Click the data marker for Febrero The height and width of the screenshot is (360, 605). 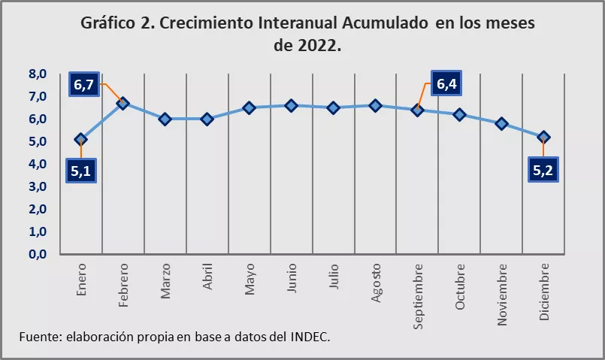click(x=123, y=103)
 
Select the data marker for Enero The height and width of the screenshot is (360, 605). click(x=81, y=139)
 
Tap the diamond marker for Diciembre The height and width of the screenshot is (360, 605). click(x=543, y=137)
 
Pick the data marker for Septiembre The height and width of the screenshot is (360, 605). click(x=418, y=110)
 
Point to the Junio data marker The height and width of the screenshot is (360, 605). click(x=292, y=105)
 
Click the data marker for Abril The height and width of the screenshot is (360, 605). click(x=207, y=119)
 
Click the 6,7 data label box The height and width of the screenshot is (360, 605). click(x=83, y=85)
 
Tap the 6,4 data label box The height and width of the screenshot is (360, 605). click(x=446, y=84)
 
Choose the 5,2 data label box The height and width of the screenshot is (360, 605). click(x=543, y=171)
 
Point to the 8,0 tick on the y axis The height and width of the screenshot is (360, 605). click(x=38, y=74)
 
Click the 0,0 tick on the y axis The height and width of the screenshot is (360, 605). click(x=38, y=254)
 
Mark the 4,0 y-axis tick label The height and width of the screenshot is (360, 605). click(x=38, y=164)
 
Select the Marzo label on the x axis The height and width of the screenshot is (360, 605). click(x=165, y=281)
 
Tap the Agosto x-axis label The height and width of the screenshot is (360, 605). click(x=376, y=283)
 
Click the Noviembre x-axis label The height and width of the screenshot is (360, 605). click(x=501, y=294)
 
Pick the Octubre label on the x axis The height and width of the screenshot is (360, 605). click(x=460, y=286)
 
